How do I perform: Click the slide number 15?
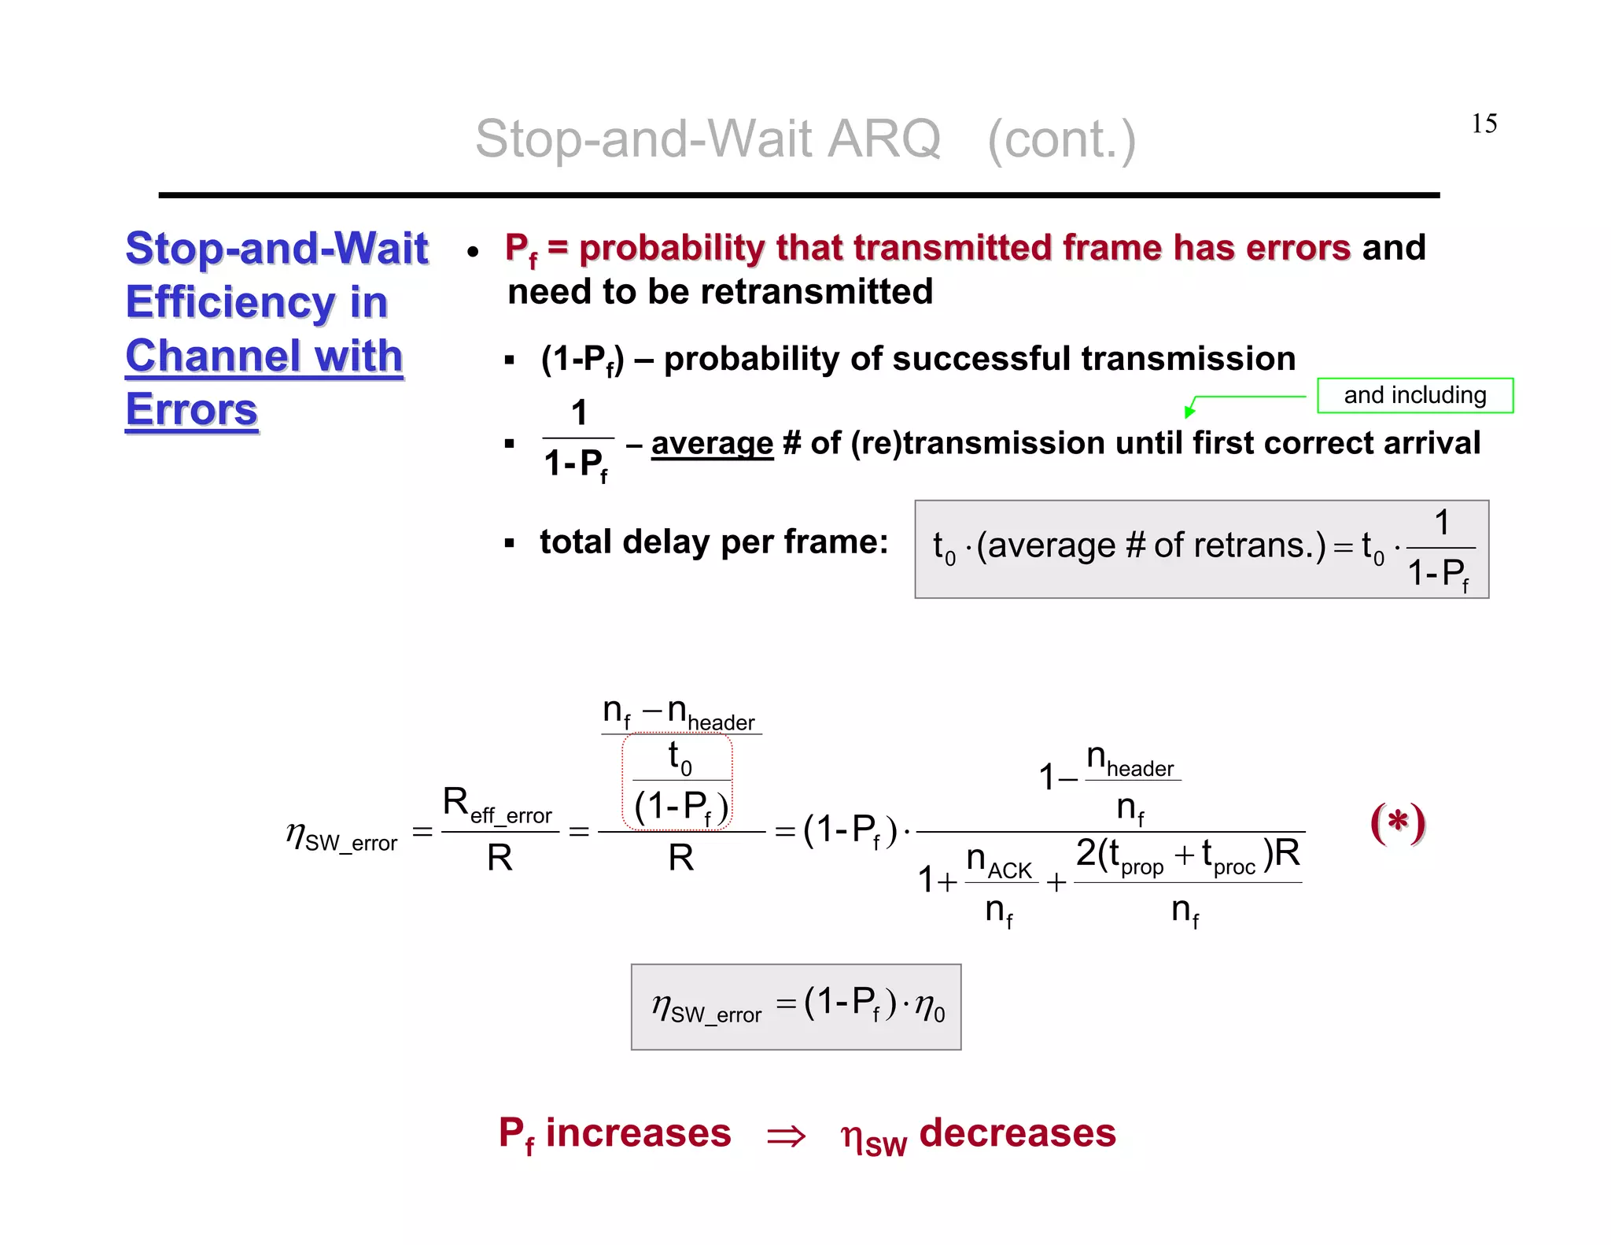point(1484,124)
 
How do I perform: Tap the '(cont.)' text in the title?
point(1061,139)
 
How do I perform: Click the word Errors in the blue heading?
point(192,410)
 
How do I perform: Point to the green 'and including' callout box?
point(1414,395)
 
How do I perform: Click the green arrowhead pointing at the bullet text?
point(1190,409)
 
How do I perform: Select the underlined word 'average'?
point(712,443)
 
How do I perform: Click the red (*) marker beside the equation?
point(1397,823)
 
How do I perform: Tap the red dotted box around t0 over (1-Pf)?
point(677,781)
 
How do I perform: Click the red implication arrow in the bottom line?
point(786,1136)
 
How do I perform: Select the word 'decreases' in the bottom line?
point(1017,1133)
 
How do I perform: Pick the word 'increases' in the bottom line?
point(638,1133)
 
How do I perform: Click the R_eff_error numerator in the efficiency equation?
point(497,806)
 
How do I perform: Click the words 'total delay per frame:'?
point(713,542)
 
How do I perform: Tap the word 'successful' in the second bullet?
point(981,359)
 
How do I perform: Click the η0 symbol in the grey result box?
point(929,1007)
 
